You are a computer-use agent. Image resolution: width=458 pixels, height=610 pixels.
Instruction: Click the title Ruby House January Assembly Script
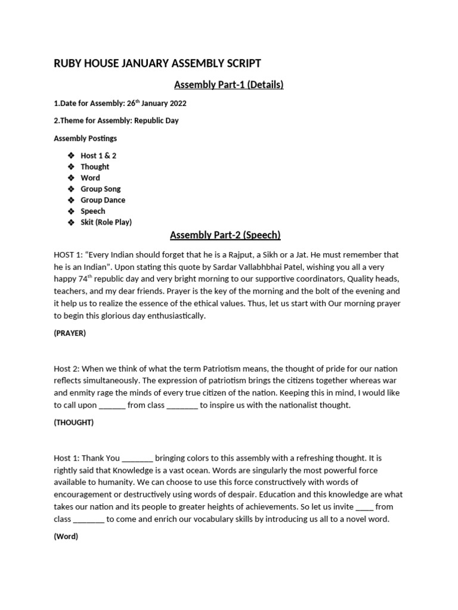(157, 64)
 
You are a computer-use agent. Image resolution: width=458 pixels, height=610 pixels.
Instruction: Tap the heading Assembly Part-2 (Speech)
(225, 235)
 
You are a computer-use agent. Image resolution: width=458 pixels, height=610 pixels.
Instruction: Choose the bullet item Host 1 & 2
(98, 155)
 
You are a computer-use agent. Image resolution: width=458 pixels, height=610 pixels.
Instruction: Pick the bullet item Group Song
(100, 189)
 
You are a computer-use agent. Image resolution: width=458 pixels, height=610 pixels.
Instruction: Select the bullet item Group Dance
(103, 200)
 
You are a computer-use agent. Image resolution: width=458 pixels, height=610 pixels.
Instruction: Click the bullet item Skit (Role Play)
(106, 222)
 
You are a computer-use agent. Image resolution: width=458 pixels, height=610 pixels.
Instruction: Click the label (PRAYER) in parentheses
(70, 334)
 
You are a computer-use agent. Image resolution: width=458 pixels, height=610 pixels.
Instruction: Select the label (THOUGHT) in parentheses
(73, 423)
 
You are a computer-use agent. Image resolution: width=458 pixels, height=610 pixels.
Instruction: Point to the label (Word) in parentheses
(66, 536)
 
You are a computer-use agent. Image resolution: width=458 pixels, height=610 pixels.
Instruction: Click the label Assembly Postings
(85, 138)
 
